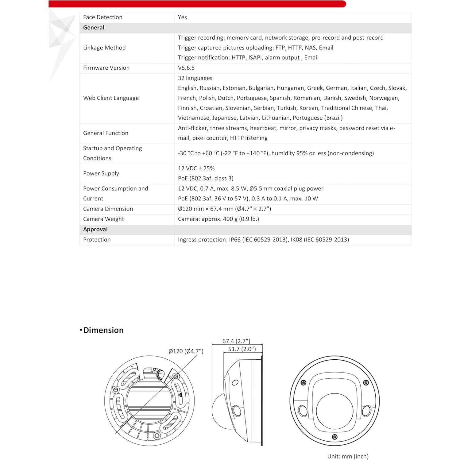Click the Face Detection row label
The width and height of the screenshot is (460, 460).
[102, 17]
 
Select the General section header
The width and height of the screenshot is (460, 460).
[94, 28]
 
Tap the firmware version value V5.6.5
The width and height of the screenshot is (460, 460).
[186, 68]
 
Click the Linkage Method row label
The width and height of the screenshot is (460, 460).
[104, 48]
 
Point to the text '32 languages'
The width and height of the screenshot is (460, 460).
[195, 78]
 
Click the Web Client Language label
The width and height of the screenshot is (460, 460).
[111, 98]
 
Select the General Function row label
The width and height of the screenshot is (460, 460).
[106, 133]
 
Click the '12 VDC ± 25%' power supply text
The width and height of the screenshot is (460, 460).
[196, 168]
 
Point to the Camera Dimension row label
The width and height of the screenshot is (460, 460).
[108, 209]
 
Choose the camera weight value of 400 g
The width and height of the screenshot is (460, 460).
[218, 219]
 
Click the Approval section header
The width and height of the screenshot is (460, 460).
[95, 230]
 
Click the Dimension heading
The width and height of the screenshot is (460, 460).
[103, 330]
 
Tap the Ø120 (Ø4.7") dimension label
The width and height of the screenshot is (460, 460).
[186, 351]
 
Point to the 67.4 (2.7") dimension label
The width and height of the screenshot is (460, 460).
[236, 341]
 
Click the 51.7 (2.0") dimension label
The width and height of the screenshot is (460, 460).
[242, 349]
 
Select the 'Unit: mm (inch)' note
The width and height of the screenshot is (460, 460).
[348, 456]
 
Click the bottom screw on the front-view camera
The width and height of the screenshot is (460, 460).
[335, 437]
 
